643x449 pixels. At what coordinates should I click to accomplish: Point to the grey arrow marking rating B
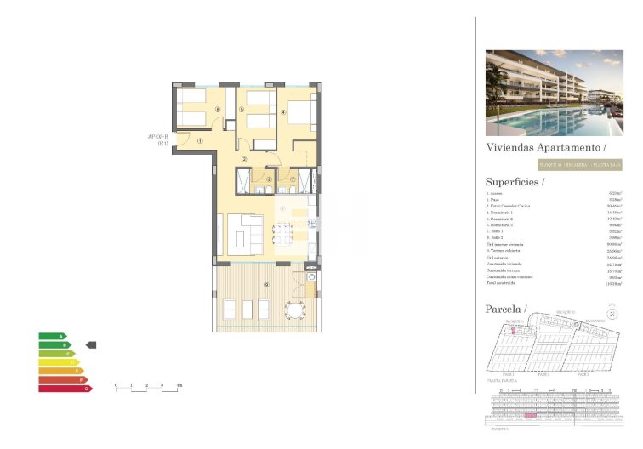point(93,344)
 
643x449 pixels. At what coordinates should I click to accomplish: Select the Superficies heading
point(515,181)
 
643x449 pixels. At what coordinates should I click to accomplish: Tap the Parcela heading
point(506,308)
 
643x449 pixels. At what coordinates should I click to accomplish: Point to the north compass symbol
point(612,313)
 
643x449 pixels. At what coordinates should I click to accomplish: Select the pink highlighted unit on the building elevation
point(530,417)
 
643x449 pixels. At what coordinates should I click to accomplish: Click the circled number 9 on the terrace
point(266,284)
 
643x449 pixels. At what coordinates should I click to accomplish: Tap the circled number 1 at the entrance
point(200,142)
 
